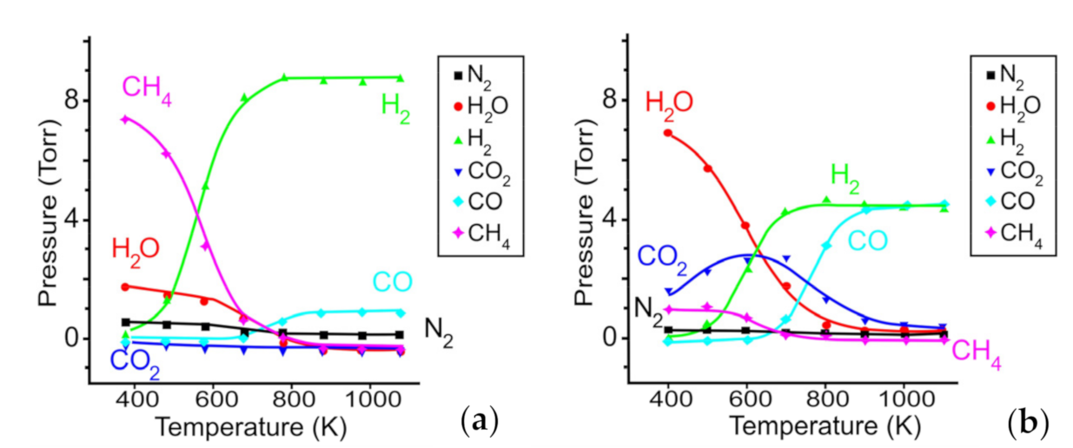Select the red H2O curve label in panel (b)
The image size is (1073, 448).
(x=668, y=103)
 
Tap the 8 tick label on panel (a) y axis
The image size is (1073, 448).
(x=73, y=101)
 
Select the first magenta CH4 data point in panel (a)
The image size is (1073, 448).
(x=126, y=119)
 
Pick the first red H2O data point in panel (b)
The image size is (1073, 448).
(x=667, y=133)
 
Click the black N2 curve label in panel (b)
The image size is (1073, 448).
(x=646, y=306)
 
